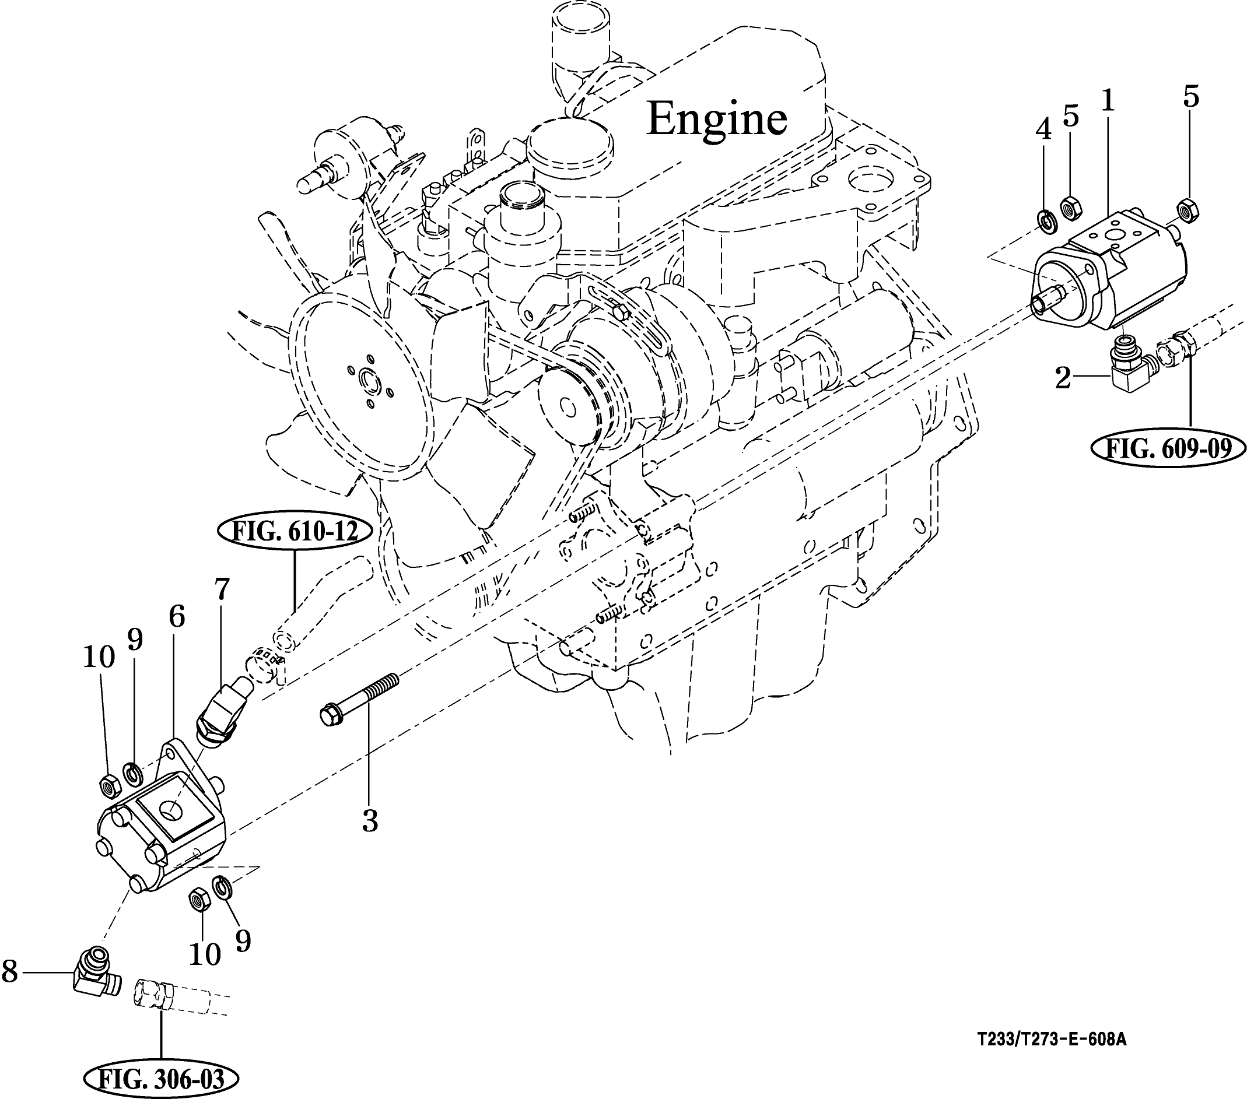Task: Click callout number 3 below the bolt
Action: (x=370, y=821)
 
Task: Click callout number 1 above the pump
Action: (x=1107, y=101)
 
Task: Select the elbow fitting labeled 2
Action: (x=1130, y=365)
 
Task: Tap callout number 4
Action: (x=1044, y=129)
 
